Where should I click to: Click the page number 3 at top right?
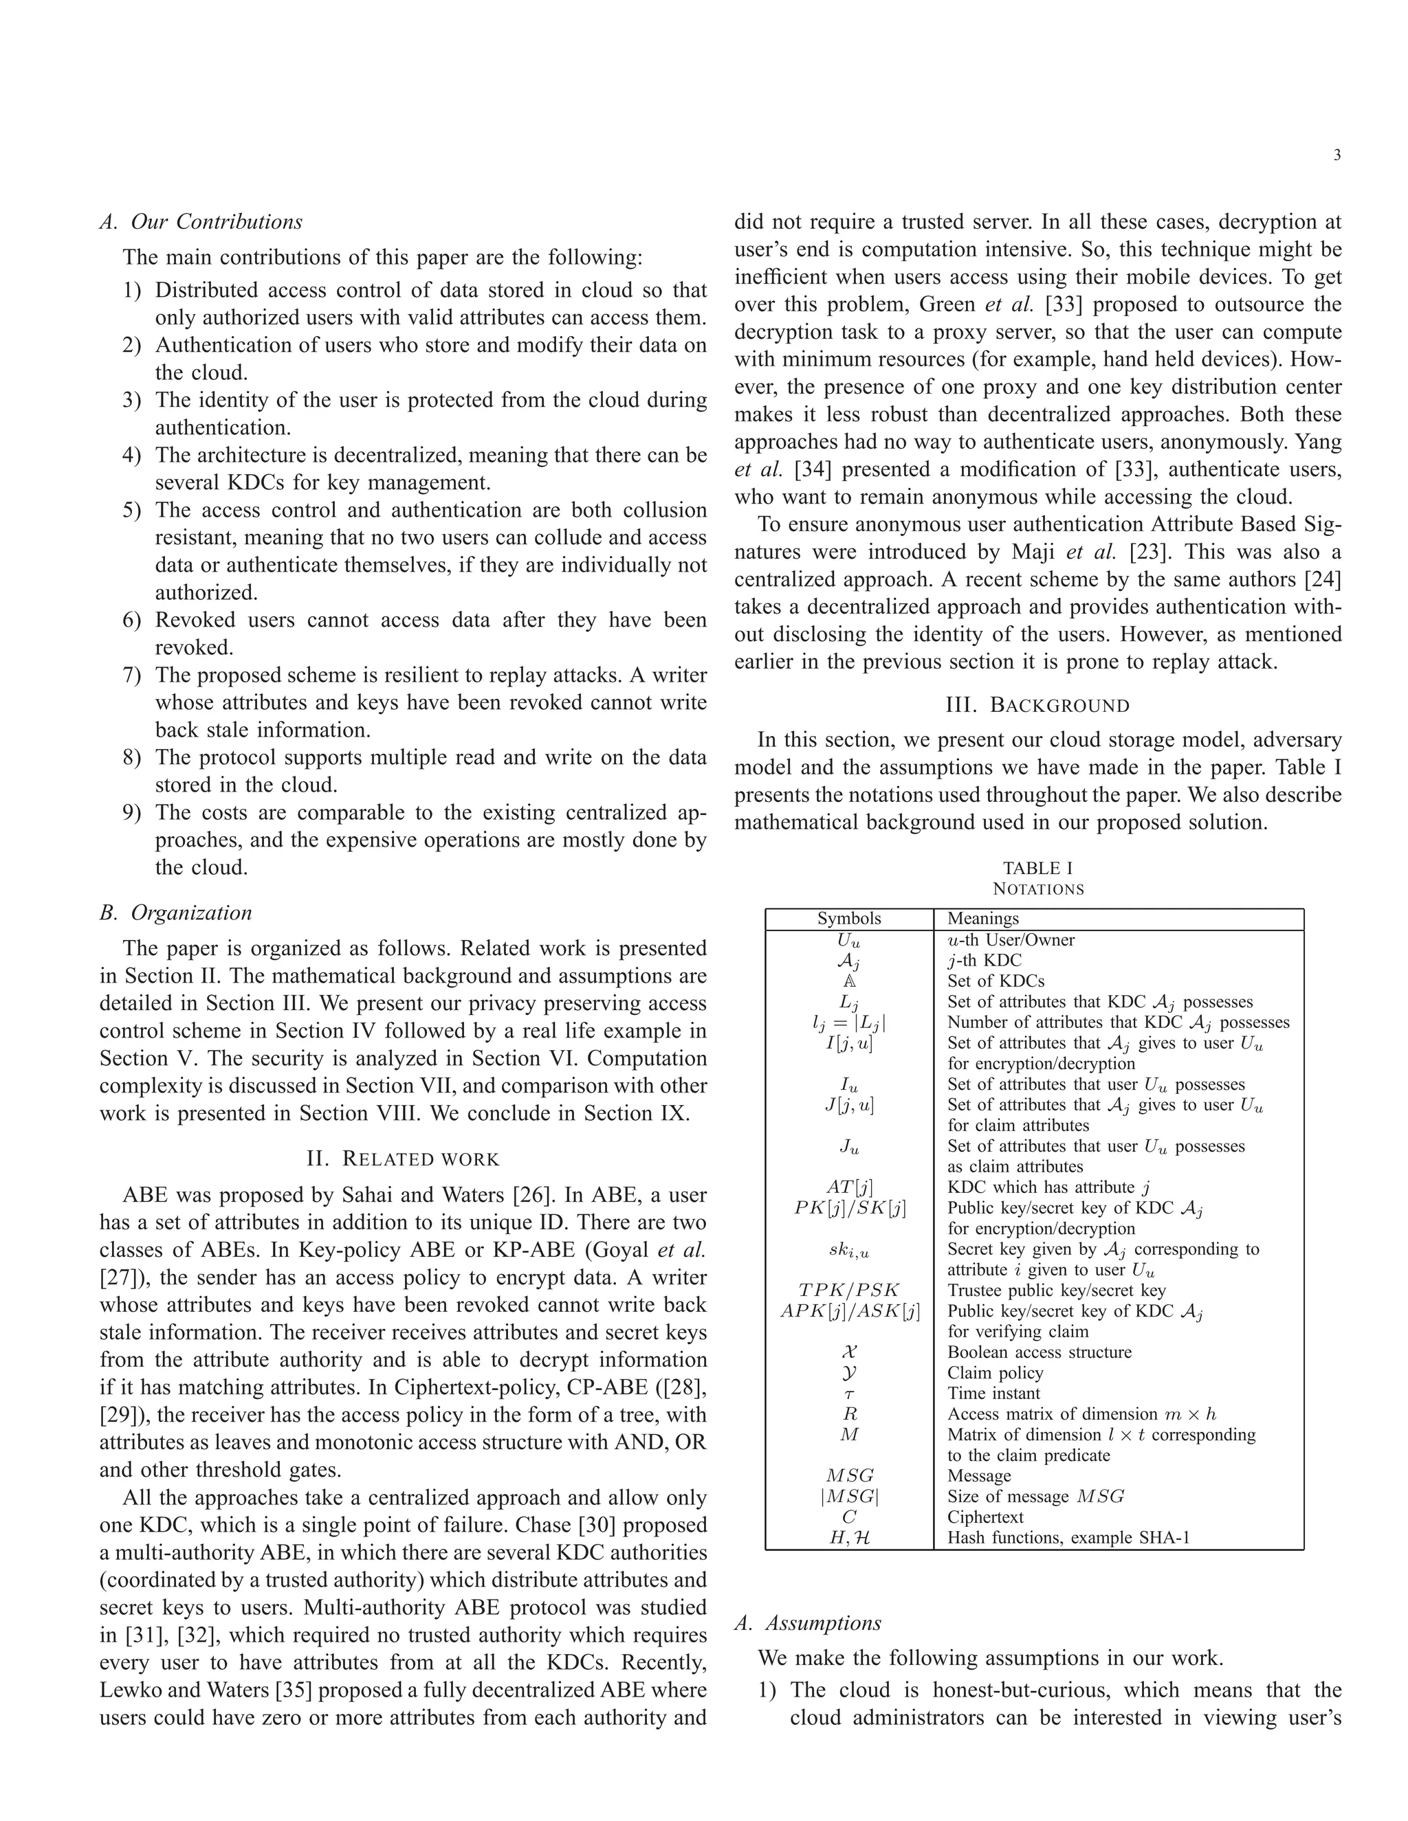[x=1337, y=155]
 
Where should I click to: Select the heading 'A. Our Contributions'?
[x=200, y=222]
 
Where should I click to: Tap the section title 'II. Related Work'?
[x=403, y=1159]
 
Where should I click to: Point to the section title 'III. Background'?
[x=1037, y=706]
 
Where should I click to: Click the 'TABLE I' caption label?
[x=1037, y=868]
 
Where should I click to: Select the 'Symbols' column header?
[x=848, y=919]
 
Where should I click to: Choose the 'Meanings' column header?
[x=982, y=919]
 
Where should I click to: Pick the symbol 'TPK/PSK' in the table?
[x=848, y=1291]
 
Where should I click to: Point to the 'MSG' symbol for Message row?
[x=848, y=1476]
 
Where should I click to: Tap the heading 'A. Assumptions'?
[x=807, y=1622]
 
